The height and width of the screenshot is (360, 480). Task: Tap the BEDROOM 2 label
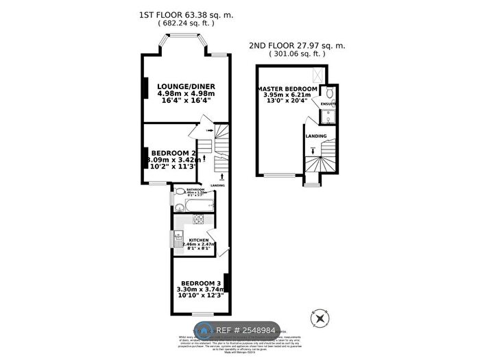tap(173, 152)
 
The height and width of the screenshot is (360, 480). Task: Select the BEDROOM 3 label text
tap(201, 283)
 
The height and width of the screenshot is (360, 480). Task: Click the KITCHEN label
tap(189, 240)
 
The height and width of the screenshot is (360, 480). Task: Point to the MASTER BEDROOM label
tap(287, 89)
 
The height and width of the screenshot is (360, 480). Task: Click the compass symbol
tap(318, 319)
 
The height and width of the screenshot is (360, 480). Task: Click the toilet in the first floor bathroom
tap(179, 192)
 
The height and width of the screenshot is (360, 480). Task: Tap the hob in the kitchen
tap(200, 219)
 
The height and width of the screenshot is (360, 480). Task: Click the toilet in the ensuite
tap(328, 93)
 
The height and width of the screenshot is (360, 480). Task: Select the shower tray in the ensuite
tap(327, 115)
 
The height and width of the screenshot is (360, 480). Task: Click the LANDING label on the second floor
tap(316, 136)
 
